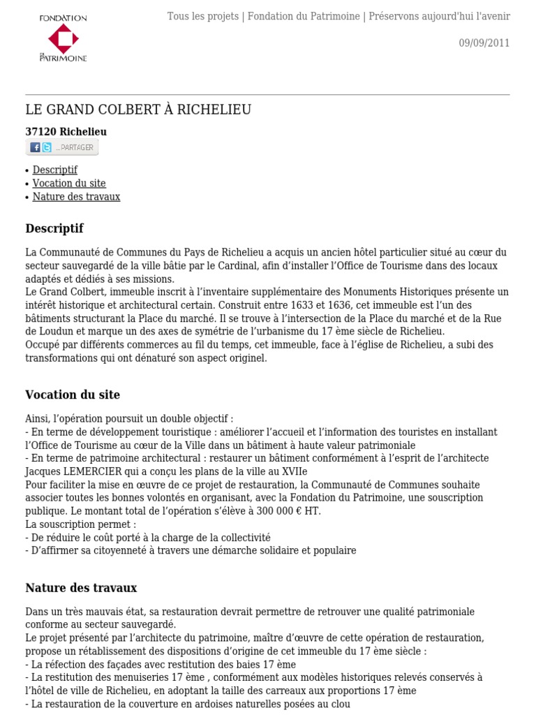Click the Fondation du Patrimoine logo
63,38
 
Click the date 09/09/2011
484,43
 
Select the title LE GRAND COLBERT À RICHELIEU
138,110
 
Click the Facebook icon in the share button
35,147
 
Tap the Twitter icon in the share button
47,147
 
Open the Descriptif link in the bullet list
54,170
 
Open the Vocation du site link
69,183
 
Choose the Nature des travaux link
76,197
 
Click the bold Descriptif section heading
54,228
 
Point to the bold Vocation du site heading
73,395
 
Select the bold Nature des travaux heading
81,587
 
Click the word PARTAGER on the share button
76,147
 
